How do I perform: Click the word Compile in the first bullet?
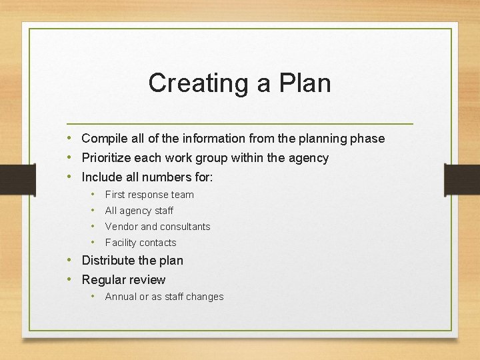click(x=103, y=139)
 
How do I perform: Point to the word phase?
click(x=369, y=139)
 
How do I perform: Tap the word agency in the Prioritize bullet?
click(x=309, y=158)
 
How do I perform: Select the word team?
click(x=182, y=195)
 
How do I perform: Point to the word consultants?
click(x=185, y=227)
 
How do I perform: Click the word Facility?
click(x=121, y=243)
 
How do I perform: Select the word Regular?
click(x=103, y=280)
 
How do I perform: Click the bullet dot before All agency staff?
click(x=93, y=211)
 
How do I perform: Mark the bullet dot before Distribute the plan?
click(x=69, y=260)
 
